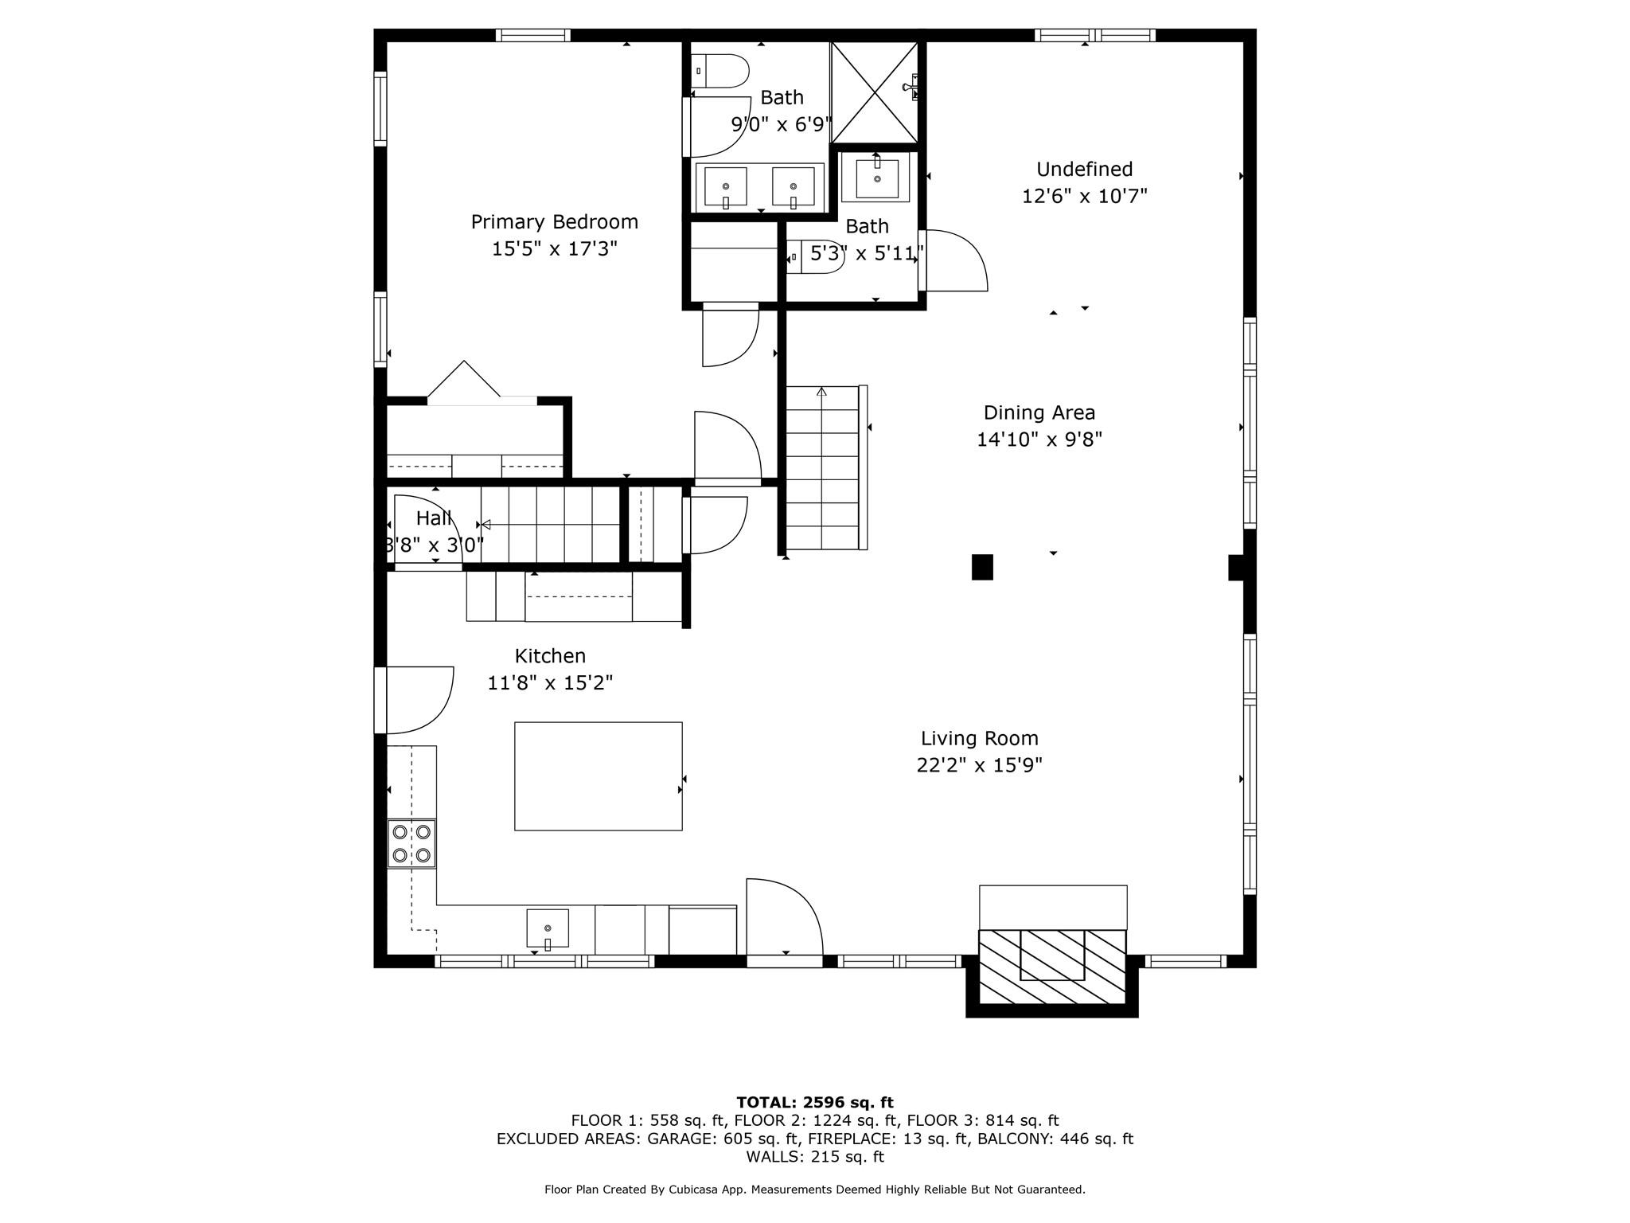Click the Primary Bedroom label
point(554,222)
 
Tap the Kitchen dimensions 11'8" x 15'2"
point(550,683)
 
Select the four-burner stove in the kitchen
point(411,844)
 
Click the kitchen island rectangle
point(598,776)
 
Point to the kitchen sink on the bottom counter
point(548,928)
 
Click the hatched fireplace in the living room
point(1052,967)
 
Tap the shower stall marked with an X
point(875,92)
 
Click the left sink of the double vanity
point(725,186)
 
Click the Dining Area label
point(1039,413)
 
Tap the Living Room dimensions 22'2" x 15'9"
point(979,766)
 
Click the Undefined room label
point(1084,170)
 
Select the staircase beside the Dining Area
point(822,468)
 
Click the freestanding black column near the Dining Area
point(982,567)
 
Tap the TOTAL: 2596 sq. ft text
point(814,1103)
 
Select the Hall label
point(434,518)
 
